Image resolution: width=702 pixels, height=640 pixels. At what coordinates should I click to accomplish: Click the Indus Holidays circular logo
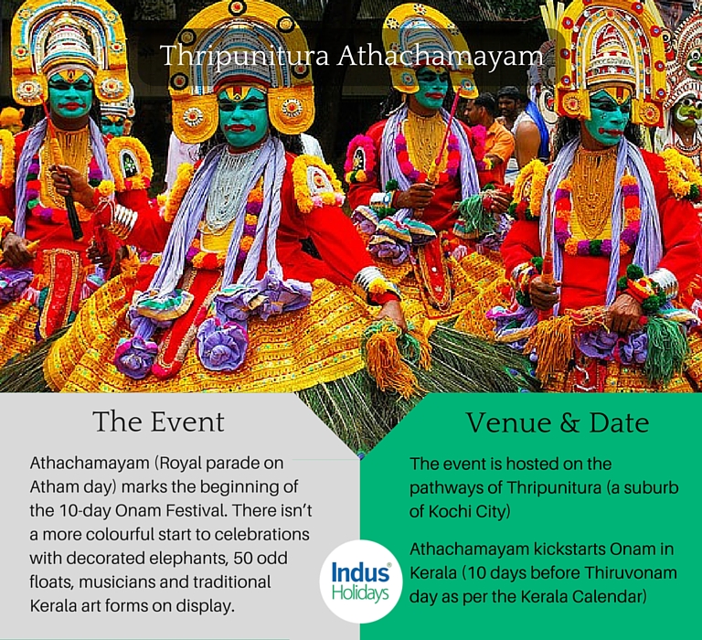361,581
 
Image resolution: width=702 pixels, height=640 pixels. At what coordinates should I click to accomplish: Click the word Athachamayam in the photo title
440,57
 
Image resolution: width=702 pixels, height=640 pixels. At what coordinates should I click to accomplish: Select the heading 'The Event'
158,421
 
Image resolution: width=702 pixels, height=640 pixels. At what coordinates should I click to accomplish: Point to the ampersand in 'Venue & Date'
569,423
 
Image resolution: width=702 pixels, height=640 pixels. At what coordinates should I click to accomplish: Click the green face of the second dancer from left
243,117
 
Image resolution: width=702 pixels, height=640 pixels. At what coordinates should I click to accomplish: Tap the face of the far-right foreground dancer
606,117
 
